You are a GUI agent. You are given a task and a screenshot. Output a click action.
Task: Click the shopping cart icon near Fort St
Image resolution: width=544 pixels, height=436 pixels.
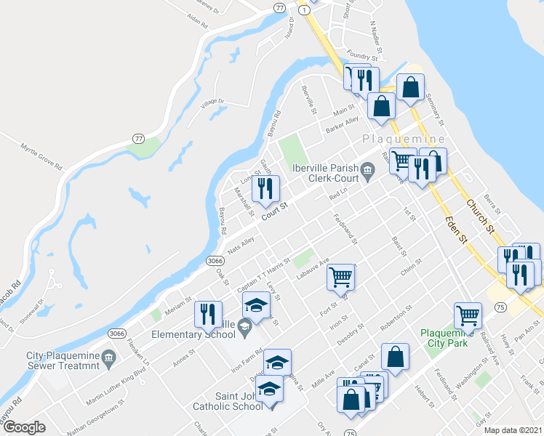click(341, 277)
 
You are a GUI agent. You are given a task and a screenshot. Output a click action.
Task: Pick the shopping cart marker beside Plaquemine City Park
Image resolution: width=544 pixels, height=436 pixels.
click(467, 315)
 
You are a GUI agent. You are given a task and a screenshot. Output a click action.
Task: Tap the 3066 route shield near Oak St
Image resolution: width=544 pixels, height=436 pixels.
click(214, 260)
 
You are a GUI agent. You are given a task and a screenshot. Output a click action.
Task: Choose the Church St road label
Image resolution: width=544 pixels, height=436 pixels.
click(479, 216)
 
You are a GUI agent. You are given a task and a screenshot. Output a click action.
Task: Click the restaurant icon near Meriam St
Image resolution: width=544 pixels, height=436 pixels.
click(209, 314)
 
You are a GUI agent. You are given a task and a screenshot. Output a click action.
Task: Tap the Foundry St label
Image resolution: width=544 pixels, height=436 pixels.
click(364, 56)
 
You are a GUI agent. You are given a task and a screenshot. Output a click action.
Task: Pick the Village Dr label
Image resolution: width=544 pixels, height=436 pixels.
click(213, 103)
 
